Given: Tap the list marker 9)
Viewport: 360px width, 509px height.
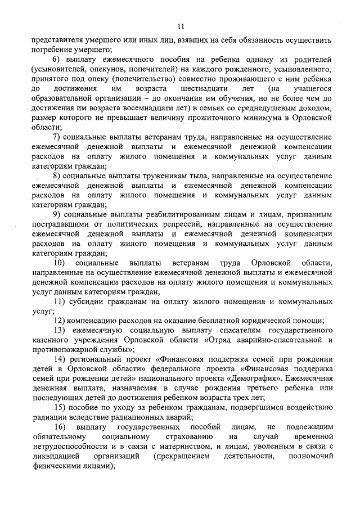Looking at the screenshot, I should coord(57,215).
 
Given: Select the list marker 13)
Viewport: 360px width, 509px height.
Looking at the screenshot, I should coord(58,330).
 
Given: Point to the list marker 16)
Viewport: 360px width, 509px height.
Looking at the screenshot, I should coord(58,427).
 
